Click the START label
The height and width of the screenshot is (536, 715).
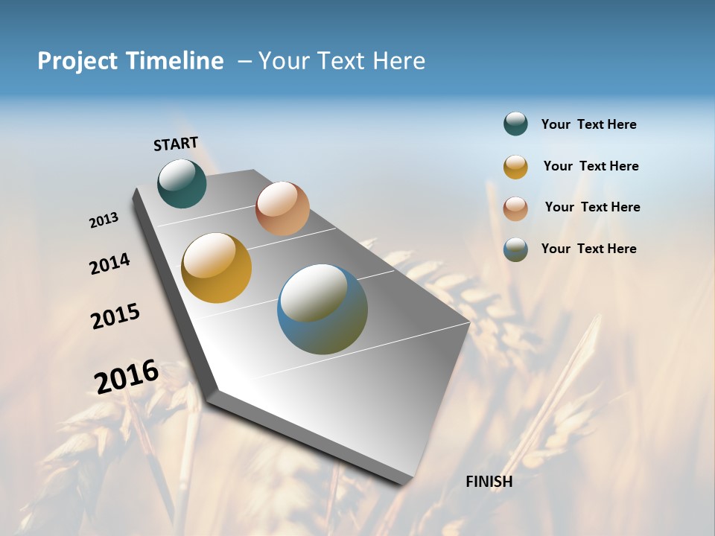pyautogui.click(x=176, y=144)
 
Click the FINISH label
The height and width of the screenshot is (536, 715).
pyautogui.click(x=489, y=482)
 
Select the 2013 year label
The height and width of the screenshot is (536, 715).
pyautogui.click(x=104, y=220)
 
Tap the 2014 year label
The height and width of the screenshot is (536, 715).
pyautogui.click(x=109, y=264)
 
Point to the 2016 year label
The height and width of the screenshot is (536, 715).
pyautogui.click(x=127, y=376)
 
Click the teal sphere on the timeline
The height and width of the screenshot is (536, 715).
pyautogui.click(x=182, y=183)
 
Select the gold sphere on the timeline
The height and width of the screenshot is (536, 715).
pyautogui.click(x=216, y=268)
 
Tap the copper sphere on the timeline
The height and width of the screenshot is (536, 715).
pyautogui.click(x=282, y=208)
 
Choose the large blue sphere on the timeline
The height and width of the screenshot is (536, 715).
pyautogui.click(x=322, y=309)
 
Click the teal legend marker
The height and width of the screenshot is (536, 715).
pyautogui.click(x=515, y=124)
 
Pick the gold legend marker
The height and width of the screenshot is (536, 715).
pyautogui.click(x=515, y=167)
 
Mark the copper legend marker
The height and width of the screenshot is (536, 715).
pyautogui.click(x=515, y=208)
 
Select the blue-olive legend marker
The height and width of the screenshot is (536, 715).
pyautogui.click(x=515, y=249)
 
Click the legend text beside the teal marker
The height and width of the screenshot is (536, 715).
pyautogui.click(x=588, y=125)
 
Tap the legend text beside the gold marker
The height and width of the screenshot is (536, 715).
pyautogui.click(x=591, y=166)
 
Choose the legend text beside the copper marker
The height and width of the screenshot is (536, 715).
pyautogui.click(x=592, y=207)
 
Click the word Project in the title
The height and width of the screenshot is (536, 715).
pyautogui.click(x=78, y=61)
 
